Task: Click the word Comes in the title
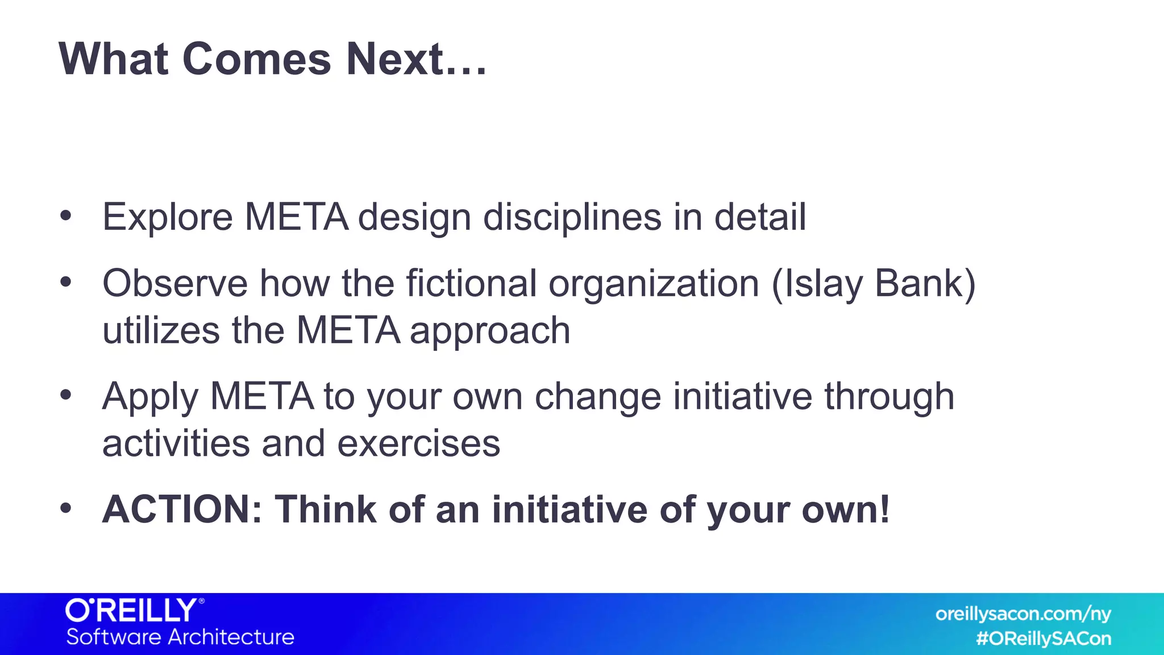tap(256, 59)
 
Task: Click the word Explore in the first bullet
tap(167, 218)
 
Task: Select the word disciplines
tap(572, 218)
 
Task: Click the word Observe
tap(174, 283)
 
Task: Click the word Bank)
tap(925, 283)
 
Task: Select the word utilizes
tap(161, 330)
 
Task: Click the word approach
tap(490, 331)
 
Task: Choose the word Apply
tap(150, 397)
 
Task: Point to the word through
tap(889, 397)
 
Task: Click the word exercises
tap(418, 443)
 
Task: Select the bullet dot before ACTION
tap(66, 508)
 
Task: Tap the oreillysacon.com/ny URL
tap(1022, 614)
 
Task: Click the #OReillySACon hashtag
tap(1044, 639)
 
